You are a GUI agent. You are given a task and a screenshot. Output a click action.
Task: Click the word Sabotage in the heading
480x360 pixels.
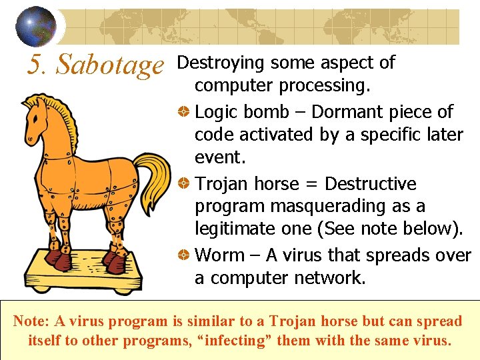(x=110, y=65)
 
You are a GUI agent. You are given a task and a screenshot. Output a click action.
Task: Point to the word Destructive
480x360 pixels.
(x=370, y=184)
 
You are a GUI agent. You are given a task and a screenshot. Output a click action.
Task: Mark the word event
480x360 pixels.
(x=217, y=157)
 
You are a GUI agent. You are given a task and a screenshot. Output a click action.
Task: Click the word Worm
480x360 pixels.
(x=220, y=256)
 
